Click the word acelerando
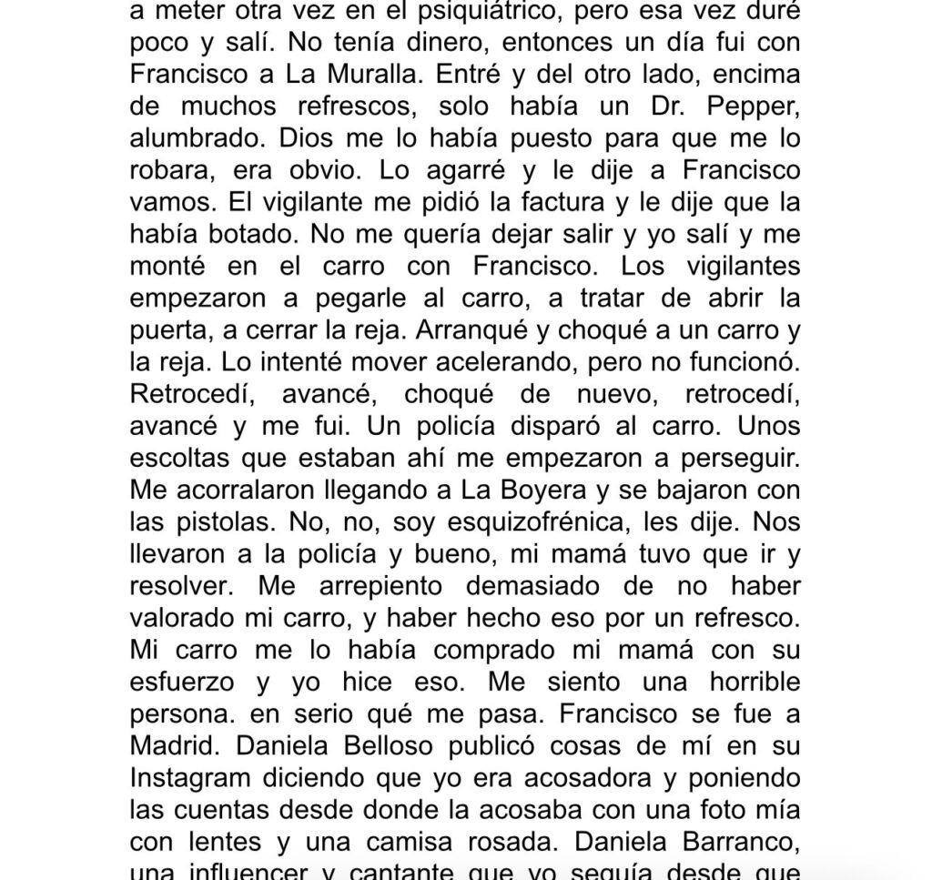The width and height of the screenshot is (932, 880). coord(527,361)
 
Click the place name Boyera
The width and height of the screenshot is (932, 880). coord(539,490)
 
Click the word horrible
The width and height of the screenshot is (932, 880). coord(733,681)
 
